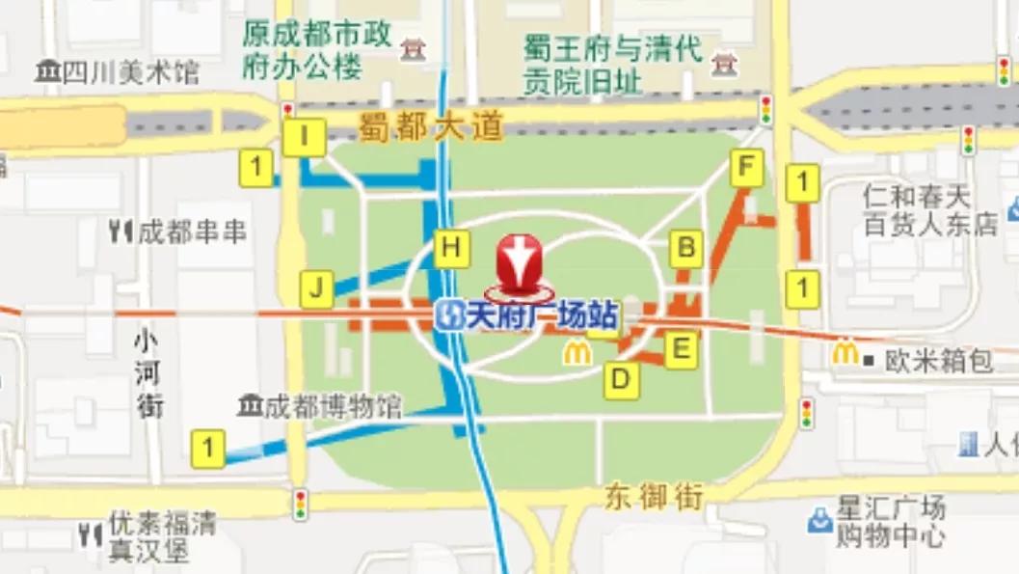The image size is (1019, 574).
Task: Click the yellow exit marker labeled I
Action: (305, 137)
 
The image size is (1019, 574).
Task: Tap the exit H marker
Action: (451, 249)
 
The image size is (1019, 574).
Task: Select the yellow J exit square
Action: (316, 287)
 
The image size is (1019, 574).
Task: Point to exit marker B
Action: (686, 248)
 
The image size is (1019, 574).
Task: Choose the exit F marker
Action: (745, 169)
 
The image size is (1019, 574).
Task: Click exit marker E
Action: (681, 349)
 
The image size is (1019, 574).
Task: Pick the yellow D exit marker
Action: (621, 380)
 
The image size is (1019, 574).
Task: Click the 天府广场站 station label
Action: (525, 315)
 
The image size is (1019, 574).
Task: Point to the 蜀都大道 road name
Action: (431, 126)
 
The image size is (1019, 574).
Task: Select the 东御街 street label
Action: (655, 498)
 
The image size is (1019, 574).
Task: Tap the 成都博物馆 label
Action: (321, 406)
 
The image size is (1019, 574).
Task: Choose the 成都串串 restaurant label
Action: (178, 232)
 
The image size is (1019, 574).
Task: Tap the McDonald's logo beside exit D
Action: (577, 354)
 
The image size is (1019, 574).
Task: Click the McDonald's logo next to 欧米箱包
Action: (845, 354)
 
